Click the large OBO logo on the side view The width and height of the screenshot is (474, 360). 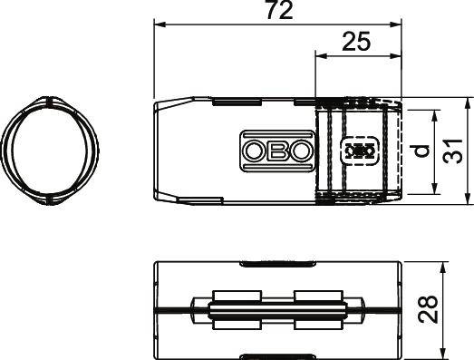(277, 151)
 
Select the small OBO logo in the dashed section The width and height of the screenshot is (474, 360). (360, 151)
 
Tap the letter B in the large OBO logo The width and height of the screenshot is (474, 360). (277, 151)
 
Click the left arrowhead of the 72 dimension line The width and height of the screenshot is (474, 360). (158, 27)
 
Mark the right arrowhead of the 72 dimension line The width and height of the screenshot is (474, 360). (395, 27)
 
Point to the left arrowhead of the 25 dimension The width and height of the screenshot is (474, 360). (320, 55)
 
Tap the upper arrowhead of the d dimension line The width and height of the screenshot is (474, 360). (436, 115)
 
